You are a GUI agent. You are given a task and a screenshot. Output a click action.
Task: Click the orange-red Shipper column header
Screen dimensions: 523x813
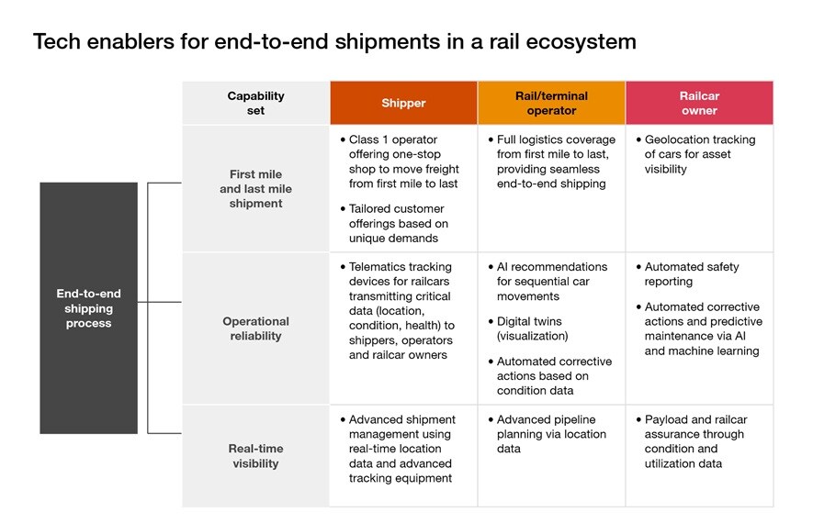click(403, 103)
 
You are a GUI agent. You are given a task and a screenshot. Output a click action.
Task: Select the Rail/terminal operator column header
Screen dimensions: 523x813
click(551, 103)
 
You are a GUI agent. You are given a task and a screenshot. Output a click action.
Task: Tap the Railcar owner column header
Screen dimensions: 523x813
click(699, 103)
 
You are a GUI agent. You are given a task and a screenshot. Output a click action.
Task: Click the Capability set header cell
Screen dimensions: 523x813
click(255, 103)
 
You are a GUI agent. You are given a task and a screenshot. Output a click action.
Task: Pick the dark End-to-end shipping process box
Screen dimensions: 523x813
click(88, 308)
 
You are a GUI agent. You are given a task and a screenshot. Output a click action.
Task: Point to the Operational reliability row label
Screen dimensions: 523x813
click(255, 328)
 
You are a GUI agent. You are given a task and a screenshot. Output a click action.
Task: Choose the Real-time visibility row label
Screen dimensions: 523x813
click(255, 456)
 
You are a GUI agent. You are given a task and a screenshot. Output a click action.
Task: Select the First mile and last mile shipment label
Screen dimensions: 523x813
click(255, 188)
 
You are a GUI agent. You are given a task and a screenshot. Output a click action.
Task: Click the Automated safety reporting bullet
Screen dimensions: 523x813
click(691, 274)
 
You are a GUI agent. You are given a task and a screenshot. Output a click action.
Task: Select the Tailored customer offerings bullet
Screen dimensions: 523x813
click(399, 223)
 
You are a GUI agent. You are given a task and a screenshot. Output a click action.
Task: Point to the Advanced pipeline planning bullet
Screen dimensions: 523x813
click(551, 434)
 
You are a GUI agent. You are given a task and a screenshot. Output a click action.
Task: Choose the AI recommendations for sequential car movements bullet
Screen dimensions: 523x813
click(551, 282)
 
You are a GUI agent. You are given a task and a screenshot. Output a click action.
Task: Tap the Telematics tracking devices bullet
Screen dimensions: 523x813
click(401, 310)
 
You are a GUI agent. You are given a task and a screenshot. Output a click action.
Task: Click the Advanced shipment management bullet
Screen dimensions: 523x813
click(401, 449)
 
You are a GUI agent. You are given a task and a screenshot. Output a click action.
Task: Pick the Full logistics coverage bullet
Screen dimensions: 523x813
click(556, 161)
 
